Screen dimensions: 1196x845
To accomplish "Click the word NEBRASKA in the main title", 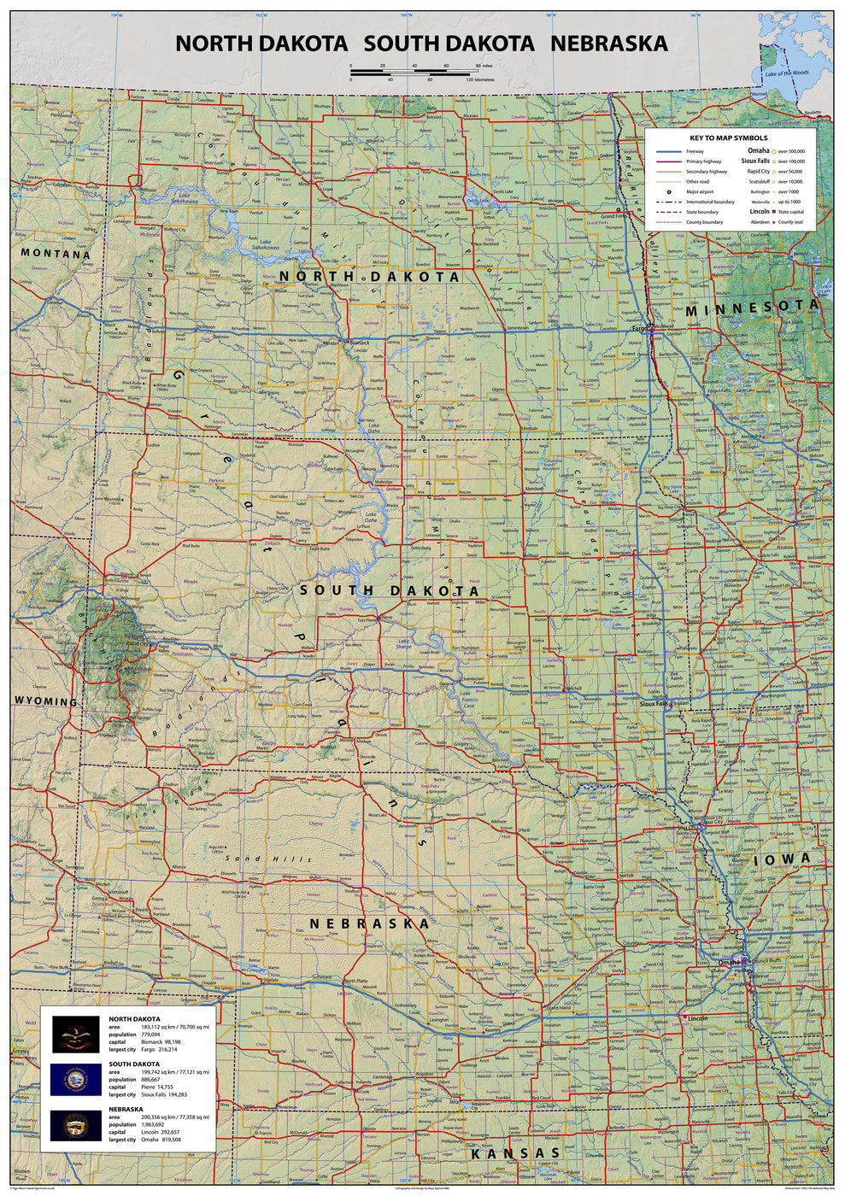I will tap(608, 44).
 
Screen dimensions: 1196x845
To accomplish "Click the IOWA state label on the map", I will tap(782, 860).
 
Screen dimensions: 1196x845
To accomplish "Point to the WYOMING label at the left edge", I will tap(45, 701).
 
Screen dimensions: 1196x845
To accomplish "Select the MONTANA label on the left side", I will tap(56, 254).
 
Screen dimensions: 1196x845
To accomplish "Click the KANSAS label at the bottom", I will tap(515, 1154).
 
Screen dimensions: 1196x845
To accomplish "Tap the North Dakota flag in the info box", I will tap(76, 1034).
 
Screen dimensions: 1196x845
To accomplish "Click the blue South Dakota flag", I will tap(76, 1079).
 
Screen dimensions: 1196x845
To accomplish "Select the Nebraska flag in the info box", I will tap(76, 1125).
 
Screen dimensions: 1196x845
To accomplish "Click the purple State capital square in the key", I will tap(773, 212).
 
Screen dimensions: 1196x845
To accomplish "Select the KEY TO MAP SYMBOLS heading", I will tap(729, 138).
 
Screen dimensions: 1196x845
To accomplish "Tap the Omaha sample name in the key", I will tap(758, 150).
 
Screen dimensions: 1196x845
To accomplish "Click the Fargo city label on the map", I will tap(638, 327).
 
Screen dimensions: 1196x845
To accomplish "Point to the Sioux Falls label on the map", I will tap(654, 704).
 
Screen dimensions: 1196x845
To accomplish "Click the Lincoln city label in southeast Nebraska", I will tap(697, 1018).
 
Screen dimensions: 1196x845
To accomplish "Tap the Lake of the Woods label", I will tap(786, 73).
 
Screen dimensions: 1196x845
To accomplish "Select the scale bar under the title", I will tap(410, 73).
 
